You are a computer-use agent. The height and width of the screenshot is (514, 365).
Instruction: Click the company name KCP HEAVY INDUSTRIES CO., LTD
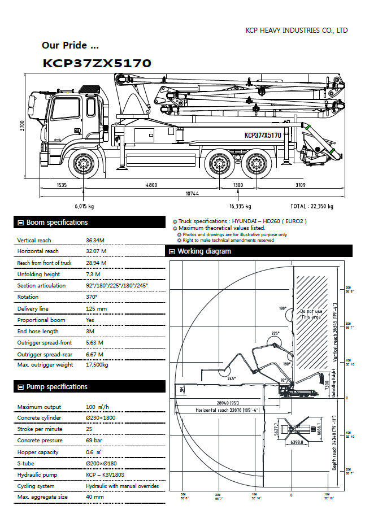coord(297,31)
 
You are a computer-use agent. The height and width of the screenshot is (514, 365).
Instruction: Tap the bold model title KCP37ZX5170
coord(97,63)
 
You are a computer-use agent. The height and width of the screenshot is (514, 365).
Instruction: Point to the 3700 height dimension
coord(22,125)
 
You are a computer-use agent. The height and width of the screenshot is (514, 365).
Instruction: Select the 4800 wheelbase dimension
coord(151,185)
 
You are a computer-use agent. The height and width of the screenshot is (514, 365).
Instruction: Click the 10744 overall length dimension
coord(193,194)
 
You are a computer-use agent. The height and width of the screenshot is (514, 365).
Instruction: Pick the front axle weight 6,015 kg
coord(84,206)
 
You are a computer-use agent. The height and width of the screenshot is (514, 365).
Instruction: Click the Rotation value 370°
coord(92,297)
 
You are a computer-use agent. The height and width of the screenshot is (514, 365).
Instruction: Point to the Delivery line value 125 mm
coord(96,309)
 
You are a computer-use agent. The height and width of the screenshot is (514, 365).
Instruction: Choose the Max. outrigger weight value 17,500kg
coord(97,365)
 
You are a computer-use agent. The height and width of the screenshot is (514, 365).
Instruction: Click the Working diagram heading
coord(204,251)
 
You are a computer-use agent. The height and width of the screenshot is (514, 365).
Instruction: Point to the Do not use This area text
coord(311,314)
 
